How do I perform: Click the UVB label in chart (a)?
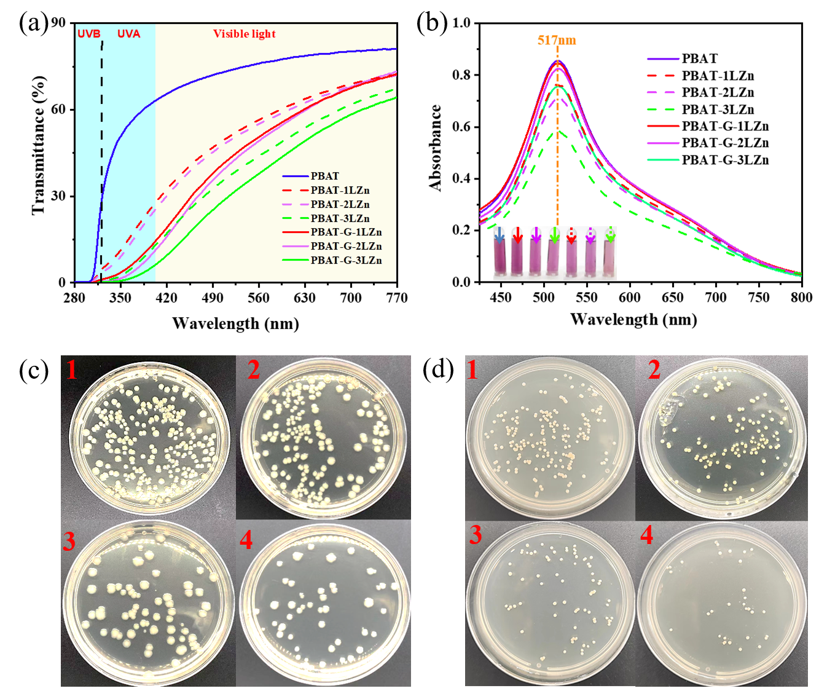pyautogui.click(x=89, y=34)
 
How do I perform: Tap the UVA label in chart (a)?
pyautogui.click(x=128, y=34)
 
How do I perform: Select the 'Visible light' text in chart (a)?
pyautogui.click(x=244, y=34)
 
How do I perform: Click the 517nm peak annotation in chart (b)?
pyautogui.click(x=557, y=41)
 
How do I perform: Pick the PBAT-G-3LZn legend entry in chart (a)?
pyautogui.click(x=346, y=260)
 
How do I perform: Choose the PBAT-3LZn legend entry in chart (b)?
pyautogui.click(x=718, y=109)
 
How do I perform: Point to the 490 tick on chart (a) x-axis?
pyautogui.click(x=213, y=298)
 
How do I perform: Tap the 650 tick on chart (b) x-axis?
pyautogui.click(x=672, y=298)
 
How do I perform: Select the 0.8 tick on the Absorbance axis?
pyautogui.click(x=461, y=75)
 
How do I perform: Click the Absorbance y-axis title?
pyautogui.click(x=436, y=148)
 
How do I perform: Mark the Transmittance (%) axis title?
pyautogui.click(x=38, y=145)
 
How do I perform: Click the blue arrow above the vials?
pyautogui.click(x=500, y=234)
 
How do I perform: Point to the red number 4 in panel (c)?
pyautogui.click(x=246, y=540)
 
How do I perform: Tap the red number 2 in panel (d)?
pyautogui.click(x=654, y=369)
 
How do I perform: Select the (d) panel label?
pyautogui.click(x=439, y=370)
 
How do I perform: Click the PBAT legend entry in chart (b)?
pyautogui.click(x=699, y=59)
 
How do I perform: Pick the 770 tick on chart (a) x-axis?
pyautogui.click(x=397, y=298)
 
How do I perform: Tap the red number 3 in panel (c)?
pyautogui.click(x=69, y=541)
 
